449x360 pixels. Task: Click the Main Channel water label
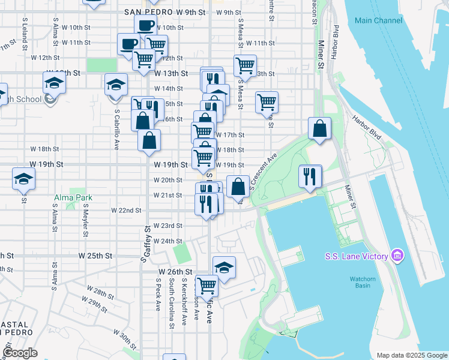pos(378,20)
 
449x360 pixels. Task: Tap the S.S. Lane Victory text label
pos(362,257)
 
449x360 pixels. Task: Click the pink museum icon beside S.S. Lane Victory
pos(397,257)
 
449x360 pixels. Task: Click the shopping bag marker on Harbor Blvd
pos(320,128)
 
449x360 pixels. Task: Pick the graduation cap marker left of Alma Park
pos(23,178)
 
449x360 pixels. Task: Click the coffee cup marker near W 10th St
pos(145,26)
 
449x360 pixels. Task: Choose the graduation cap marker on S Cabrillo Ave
pos(116,84)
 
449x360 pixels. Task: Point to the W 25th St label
pos(96,255)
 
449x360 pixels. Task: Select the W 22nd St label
pos(126,211)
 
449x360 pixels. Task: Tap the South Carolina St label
pos(172,303)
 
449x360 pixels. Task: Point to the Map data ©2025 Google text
pos(411,355)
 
